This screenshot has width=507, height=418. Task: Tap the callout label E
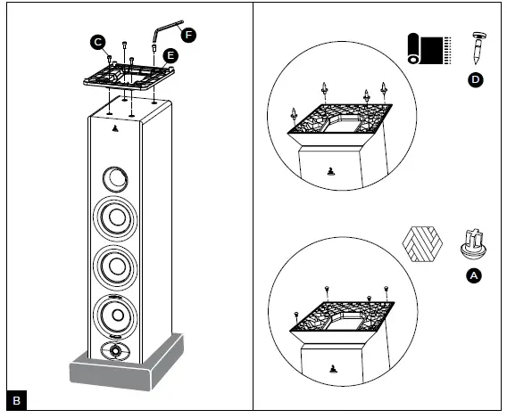(x=170, y=55)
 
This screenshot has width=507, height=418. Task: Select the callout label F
(x=188, y=34)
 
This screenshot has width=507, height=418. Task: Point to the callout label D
(x=475, y=80)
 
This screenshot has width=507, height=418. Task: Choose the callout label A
(x=475, y=276)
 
